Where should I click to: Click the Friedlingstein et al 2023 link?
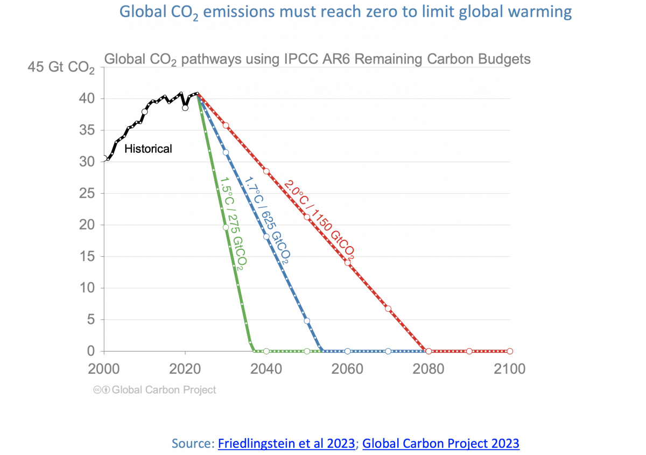click(286, 444)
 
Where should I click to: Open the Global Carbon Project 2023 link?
click(441, 444)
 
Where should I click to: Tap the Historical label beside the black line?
click(148, 149)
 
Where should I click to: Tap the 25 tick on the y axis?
click(88, 193)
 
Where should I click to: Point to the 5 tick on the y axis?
click(92, 319)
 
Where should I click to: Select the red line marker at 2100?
click(510, 351)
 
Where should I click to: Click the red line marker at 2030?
click(226, 125)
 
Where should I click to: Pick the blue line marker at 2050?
click(307, 321)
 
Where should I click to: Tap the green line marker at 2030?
click(226, 227)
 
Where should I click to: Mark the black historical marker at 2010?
click(144, 112)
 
